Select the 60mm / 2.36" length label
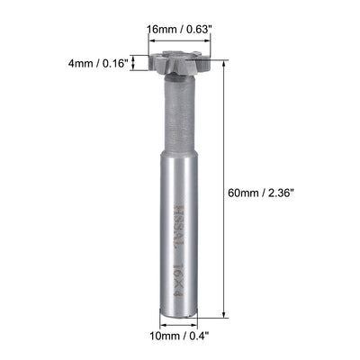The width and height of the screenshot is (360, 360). point(267,192)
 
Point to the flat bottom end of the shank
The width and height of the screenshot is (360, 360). point(178,318)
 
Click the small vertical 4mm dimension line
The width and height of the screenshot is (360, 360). point(135,63)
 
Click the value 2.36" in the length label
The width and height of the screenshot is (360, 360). point(287,192)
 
